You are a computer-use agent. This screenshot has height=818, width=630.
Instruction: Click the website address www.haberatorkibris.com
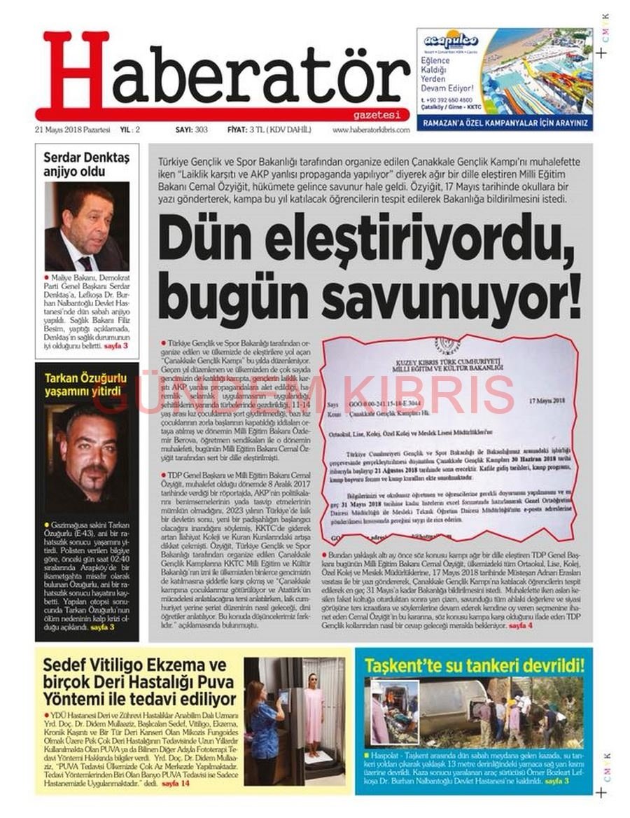(370, 130)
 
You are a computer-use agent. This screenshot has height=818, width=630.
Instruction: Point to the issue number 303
(202, 130)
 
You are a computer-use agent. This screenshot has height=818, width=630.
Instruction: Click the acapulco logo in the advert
(450, 40)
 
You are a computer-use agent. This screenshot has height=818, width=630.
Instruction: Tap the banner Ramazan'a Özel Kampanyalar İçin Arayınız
(504, 122)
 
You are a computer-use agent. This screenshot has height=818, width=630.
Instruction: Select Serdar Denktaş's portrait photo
(87, 226)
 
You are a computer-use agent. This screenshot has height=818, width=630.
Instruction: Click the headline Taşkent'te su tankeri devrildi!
(474, 664)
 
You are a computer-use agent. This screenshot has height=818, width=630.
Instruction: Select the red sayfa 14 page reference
(176, 782)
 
